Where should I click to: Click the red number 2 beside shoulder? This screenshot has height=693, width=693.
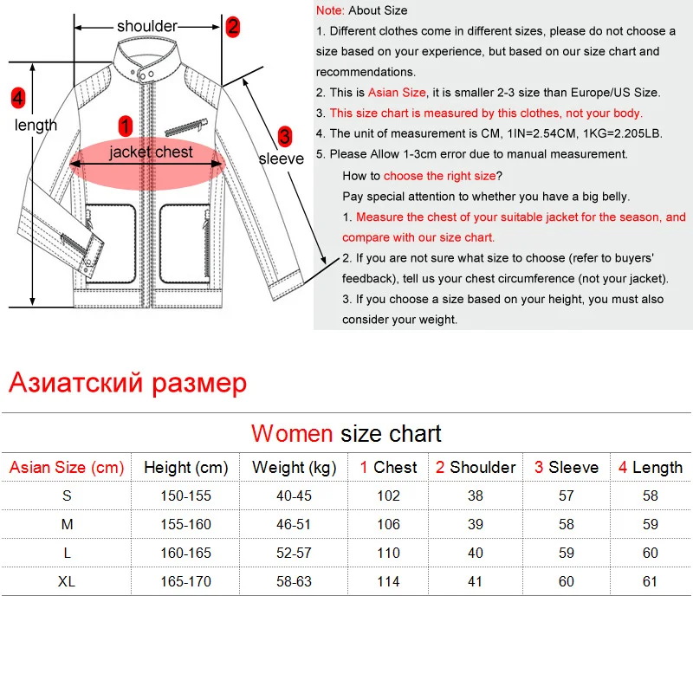click(x=232, y=26)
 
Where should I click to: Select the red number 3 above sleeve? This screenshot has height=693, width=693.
click(x=284, y=136)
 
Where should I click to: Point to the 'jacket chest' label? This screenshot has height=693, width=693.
click(x=152, y=152)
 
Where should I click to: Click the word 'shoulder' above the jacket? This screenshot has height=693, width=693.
click(x=147, y=26)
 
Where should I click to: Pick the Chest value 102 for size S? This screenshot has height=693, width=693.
click(x=388, y=495)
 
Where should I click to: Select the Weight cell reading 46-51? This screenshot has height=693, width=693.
click(x=294, y=524)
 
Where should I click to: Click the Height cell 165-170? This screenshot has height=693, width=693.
click(x=185, y=581)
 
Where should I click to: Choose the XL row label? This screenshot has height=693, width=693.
click(x=67, y=581)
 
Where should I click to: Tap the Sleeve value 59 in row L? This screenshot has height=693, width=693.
click(x=566, y=553)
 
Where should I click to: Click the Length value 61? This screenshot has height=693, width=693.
click(x=651, y=581)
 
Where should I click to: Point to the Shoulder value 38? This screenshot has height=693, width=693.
click(x=475, y=495)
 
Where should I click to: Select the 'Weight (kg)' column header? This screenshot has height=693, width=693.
click(x=294, y=468)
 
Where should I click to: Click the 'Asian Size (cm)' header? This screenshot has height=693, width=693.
click(x=67, y=468)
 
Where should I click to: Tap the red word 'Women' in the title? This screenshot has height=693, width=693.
click(x=292, y=433)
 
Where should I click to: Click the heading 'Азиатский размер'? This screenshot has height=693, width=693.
click(x=128, y=382)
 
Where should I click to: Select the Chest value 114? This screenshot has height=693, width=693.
click(x=388, y=581)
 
